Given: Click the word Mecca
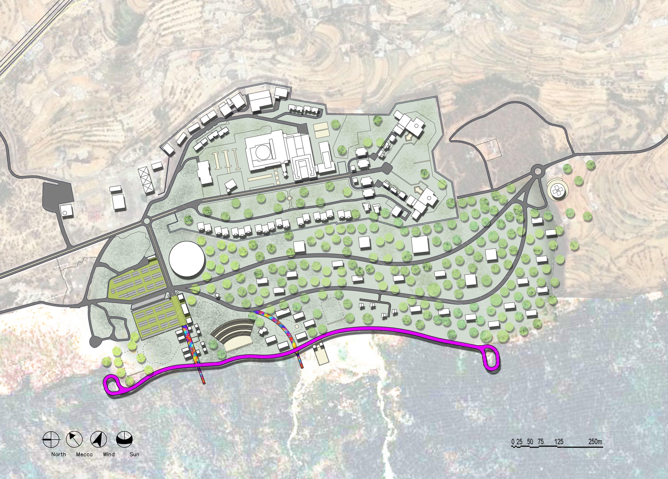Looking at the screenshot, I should click(x=84, y=454).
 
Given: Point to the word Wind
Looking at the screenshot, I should click(x=109, y=454).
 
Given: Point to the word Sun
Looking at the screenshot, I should click(x=134, y=454).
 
